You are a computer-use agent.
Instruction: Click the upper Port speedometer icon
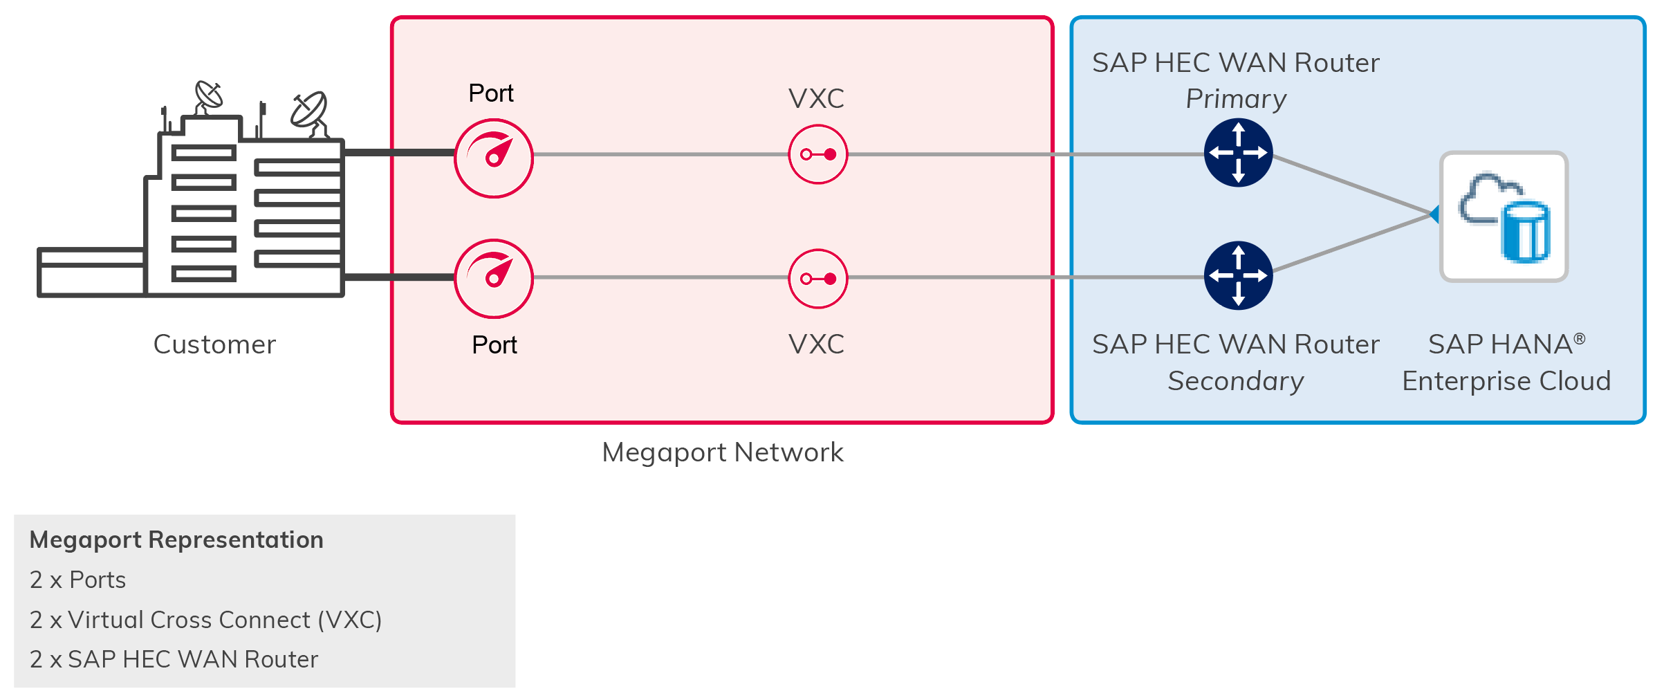[x=493, y=158]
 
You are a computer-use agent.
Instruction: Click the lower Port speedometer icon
[x=493, y=279]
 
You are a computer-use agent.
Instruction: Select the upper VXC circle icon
[x=817, y=154]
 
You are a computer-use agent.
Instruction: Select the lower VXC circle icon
[x=817, y=279]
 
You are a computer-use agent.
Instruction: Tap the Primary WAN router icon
[x=1238, y=153]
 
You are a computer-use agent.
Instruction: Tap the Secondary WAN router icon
[x=1238, y=275]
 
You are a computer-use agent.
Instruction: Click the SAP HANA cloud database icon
[x=1504, y=217]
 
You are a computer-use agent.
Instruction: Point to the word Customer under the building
[x=214, y=344]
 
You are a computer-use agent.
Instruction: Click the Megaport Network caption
[x=722, y=452]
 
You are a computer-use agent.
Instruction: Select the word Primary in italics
[x=1236, y=99]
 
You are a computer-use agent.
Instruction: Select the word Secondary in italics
[x=1235, y=381]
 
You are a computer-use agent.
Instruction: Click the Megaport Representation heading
[x=176, y=540]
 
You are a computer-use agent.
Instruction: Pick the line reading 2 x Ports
[x=77, y=580]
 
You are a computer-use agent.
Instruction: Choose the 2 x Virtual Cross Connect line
[x=205, y=620]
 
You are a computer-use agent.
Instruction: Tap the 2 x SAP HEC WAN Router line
[x=174, y=659]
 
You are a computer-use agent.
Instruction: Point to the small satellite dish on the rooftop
[x=209, y=95]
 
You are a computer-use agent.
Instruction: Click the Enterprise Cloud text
[x=1506, y=381]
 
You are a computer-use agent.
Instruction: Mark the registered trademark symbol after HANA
[x=1579, y=338]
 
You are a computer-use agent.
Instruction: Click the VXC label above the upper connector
[x=816, y=99]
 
